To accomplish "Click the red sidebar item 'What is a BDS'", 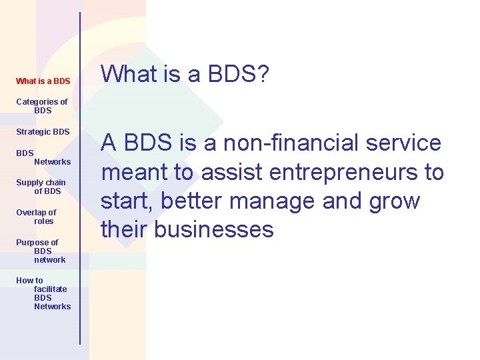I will tap(43, 81).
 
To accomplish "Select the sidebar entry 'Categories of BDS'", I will tap(42, 106).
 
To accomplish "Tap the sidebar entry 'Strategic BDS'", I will tap(43, 132).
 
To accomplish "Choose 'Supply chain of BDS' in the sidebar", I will tap(41, 187).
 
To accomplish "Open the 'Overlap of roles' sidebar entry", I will tap(37, 217).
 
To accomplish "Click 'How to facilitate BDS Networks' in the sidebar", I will tap(44, 293).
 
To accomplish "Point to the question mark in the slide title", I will tap(262, 75).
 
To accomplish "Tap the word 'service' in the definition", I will tap(407, 143).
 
